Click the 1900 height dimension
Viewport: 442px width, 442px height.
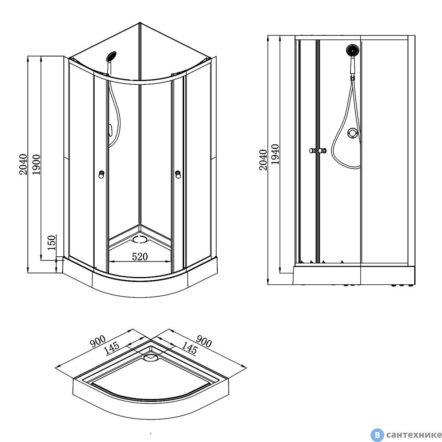(x=36, y=164)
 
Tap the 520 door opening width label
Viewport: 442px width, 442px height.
(x=140, y=257)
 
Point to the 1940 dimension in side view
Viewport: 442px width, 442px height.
(x=275, y=154)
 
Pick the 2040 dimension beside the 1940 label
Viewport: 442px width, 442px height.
(x=263, y=160)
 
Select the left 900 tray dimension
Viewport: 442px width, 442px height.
(x=98, y=341)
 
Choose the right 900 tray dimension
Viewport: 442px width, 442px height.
(x=204, y=341)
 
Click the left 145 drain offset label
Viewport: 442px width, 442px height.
(x=112, y=348)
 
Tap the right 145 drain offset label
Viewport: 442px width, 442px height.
(x=189, y=348)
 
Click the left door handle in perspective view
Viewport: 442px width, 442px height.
(x=101, y=174)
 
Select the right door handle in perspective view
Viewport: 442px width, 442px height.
(x=178, y=174)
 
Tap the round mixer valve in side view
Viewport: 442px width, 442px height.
(x=352, y=133)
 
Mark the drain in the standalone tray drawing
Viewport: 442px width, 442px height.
(x=151, y=357)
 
